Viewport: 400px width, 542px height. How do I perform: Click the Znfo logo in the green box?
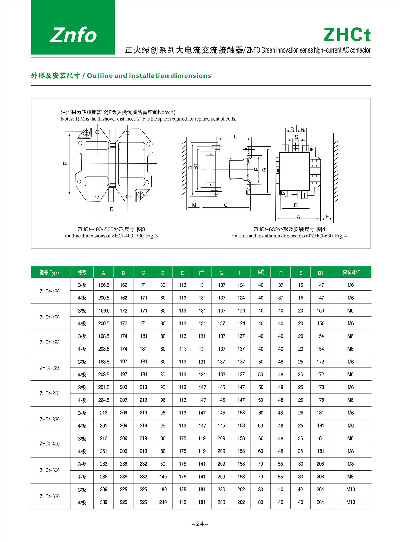(x=73, y=35)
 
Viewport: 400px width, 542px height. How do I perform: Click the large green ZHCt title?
(x=347, y=35)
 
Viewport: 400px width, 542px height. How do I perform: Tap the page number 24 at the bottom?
(x=200, y=524)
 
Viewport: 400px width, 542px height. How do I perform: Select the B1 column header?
(x=320, y=273)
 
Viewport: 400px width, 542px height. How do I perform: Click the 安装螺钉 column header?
(x=351, y=272)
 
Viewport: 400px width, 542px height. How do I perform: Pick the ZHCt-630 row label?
(x=50, y=496)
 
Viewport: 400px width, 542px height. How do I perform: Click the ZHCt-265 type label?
(x=50, y=393)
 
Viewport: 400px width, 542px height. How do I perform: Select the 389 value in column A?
(x=103, y=502)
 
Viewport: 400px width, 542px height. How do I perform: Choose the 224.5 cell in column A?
(x=103, y=400)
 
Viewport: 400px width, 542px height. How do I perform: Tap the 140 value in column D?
(x=163, y=477)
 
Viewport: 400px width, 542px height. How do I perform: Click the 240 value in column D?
(x=163, y=502)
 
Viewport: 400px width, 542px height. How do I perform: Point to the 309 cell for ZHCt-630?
(x=103, y=489)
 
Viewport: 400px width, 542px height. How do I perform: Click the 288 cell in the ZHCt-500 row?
(x=103, y=477)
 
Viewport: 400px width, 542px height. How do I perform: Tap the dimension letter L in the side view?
(x=235, y=137)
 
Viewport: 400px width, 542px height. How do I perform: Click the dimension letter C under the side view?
(x=226, y=205)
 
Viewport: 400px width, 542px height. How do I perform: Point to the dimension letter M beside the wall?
(x=194, y=205)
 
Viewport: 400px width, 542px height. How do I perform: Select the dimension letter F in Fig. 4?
(x=327, y=216)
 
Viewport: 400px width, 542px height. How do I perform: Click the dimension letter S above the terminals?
(x=296, y=137)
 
